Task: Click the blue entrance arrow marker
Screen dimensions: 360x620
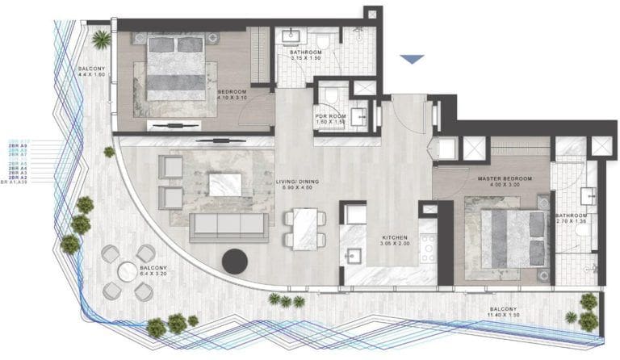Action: pyautogui.click(x=413, y=59)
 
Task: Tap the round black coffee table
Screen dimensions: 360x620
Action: pyautogui.click(x=236, y=260)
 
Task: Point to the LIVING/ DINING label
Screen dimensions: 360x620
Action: pyautogui.click(x=298, y=185)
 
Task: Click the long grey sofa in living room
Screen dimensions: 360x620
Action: pyautogui.click(x=228, y=226)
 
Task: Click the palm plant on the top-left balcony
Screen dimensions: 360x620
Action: pyautogui.click(x=102, y=38)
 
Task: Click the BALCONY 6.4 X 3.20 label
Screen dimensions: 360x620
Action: pyautogui.click(x=153, y=270)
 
